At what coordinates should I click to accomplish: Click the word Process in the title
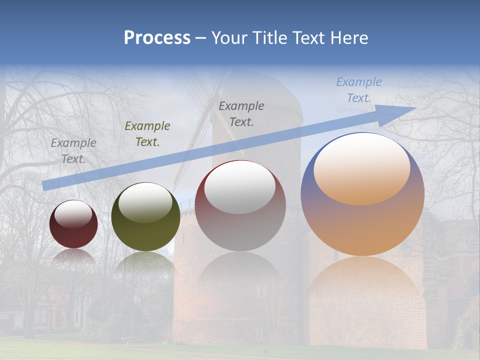157,38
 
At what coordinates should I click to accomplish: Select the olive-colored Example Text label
147,134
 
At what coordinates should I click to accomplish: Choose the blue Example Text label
359,90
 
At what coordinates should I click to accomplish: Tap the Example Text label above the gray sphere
241,113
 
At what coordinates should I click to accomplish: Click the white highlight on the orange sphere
362,167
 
